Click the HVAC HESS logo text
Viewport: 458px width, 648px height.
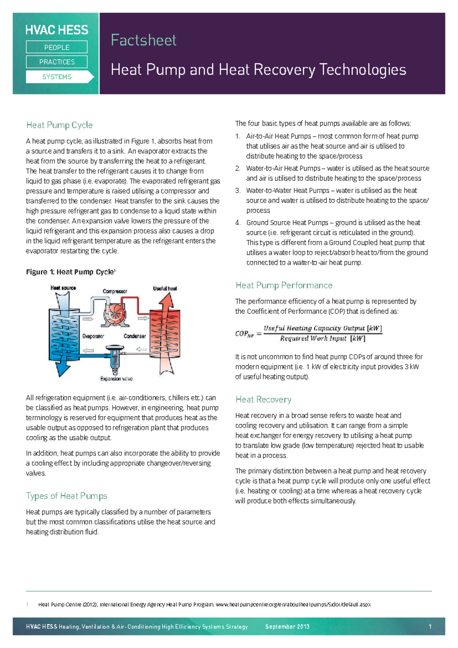(x=56, y=30)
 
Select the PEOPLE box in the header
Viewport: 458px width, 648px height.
(x=56, y=47)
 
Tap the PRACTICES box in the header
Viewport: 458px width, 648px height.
(x=56, y=62)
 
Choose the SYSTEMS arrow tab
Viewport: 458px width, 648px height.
(x=57, y=77)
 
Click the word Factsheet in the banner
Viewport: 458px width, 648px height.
(x=144, y=40)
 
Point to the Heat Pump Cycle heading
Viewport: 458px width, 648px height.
(x=59, y=125)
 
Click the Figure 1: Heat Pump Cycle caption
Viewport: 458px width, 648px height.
(x=71, y=272)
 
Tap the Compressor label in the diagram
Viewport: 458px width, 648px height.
(x=114, y=291)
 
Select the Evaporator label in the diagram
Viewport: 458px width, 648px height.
(x=93, y=336)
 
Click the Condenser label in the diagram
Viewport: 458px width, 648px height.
(x=134, y=336)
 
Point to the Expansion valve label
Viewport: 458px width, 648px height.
(x=116, y=379)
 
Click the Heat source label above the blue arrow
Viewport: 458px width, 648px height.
(x=63, y=288)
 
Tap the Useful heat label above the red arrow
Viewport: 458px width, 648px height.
(x=165, y=288)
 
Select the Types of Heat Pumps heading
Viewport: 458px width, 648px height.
(x=66, y=496)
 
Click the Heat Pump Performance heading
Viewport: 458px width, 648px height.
(x=284, y=285)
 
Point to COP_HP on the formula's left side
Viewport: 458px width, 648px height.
(x=244, y=334)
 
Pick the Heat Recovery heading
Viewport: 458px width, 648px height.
(x=263, y=400)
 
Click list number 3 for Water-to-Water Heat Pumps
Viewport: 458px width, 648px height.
(x=238, y=191)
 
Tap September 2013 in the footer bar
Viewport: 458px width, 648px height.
(x=287, y=627)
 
